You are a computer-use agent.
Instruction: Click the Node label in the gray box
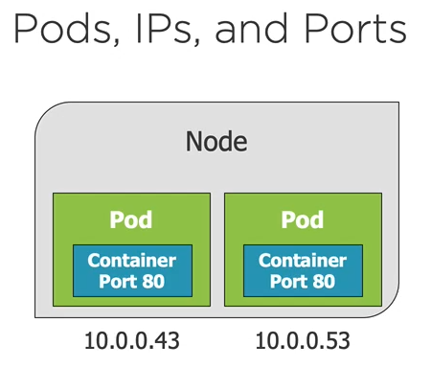(x=215, y=144)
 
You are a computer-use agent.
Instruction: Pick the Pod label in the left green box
(x=131, y=219)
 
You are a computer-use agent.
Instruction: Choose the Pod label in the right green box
(x=302, y=219)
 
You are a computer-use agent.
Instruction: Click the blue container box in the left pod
(x=132, y=270)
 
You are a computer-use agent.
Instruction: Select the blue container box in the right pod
(x=302, y=270)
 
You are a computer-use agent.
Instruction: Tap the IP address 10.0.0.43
(x=132, y=340)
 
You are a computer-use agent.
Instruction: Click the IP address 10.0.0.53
(x=303, y=340)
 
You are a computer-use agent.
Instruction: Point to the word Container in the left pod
(x=132, y=261)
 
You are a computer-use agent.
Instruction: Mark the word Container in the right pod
(x=302, y=261)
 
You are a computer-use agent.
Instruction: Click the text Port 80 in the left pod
(x=132, y=282)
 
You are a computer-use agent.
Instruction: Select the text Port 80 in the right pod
(x=302, y=282)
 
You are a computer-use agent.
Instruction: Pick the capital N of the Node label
(x=193, y=144)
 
